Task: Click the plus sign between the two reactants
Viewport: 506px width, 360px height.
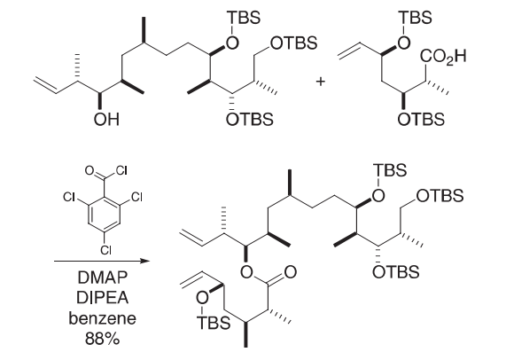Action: pos(321,82)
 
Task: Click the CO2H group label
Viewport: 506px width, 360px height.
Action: pos(443,57)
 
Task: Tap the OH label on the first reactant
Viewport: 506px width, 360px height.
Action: pos(106,119)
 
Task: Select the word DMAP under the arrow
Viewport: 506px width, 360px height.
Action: pos(102,278)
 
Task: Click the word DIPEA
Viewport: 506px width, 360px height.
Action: pos(102,298)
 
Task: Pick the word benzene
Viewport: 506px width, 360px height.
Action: pos(102,318)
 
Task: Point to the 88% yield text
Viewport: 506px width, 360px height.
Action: pos(102,339)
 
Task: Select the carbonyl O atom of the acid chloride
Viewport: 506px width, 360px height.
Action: pos(90,170)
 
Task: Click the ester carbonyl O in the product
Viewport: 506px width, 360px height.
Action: pos(290,271)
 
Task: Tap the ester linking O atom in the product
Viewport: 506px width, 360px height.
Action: pos(246,271)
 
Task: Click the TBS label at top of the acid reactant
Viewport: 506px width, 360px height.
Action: pos(416,18)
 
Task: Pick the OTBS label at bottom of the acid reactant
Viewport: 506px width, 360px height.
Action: pos(421,119)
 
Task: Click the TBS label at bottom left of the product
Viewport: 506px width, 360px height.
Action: pos(214,323)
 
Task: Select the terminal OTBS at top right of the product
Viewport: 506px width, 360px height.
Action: pos(440,196)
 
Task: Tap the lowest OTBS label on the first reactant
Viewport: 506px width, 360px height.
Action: pos(249,119)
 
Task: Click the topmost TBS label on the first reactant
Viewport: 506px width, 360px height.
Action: pos(244,18)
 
